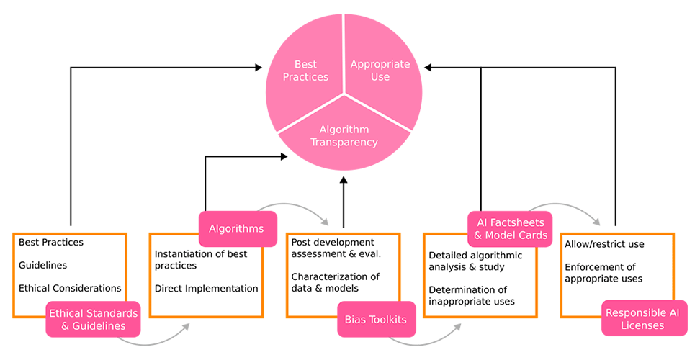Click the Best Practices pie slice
point(305,71)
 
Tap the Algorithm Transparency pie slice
point(344,136)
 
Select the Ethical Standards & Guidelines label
point(92,319)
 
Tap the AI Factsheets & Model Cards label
point(510,229)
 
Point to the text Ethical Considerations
point(70,288)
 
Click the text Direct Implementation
point(206,288)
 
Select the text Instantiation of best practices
point(201,260)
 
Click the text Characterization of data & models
point(335,283)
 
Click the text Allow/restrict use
point(604,244)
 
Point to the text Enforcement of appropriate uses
point(603,273)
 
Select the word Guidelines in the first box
point(42,265)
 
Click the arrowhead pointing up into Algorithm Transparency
point(344,180)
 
